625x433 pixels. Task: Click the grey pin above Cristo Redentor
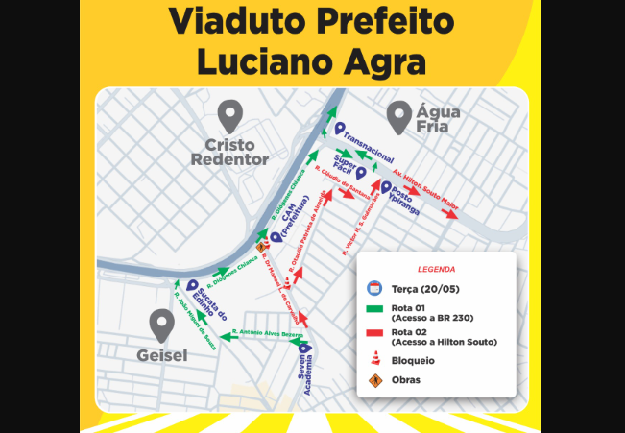[x=228, y=116]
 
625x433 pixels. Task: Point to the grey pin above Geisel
[x=161, y=326]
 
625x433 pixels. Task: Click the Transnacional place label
[x=368, y=143]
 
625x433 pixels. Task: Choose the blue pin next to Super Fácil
[x=361, y=174]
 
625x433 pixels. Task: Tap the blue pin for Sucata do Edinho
[x=193, y=285]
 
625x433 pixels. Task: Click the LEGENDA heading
[x=437, y=270]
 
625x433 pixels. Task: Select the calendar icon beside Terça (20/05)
[x=375, y=287]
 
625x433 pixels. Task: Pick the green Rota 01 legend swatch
[x=375, y=309]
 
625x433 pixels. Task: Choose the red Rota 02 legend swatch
[x=375, y=333]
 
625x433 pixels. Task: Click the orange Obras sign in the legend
[x=375, y=380]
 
